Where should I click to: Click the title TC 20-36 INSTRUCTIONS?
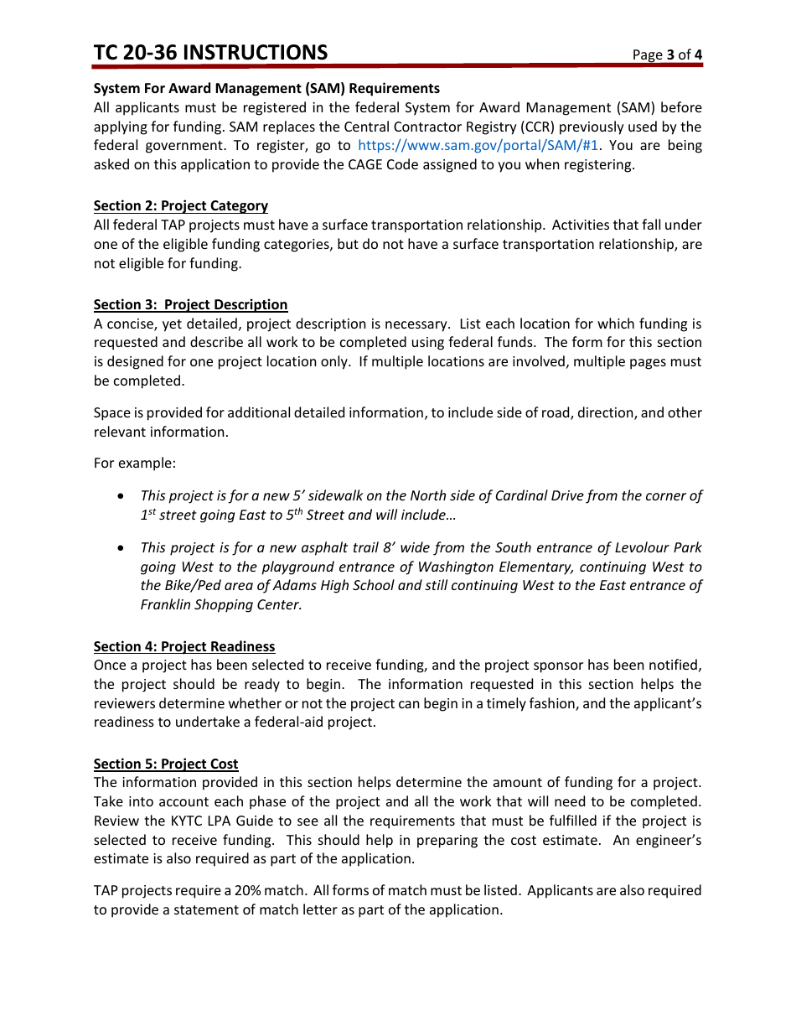(210, 53)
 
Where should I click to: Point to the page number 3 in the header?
(670, 55)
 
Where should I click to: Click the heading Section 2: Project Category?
(180, 206)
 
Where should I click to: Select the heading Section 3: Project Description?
(190, 305)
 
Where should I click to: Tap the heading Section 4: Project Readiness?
(183, 647)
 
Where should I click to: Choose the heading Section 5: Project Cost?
(165, 764)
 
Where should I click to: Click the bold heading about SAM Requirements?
(266, 89)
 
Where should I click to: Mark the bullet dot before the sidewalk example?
(122, 496)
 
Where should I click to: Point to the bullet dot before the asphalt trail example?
(122, 548)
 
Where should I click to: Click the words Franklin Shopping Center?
(220, 605)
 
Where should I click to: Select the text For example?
(135, 464)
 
